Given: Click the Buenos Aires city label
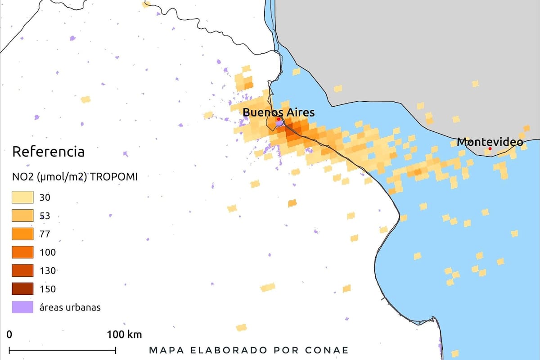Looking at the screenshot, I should tap(279, 112).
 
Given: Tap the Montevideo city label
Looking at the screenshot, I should tap(490, 142).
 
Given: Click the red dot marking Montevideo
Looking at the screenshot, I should tap(490, 148).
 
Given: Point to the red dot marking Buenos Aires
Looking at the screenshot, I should tap(279, 119).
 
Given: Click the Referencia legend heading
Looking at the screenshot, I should tap(48, 152).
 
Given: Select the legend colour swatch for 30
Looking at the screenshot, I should tap(22, 197).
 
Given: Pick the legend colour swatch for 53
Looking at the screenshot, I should tap(22, 216).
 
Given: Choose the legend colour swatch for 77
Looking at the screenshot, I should tap(22, 234).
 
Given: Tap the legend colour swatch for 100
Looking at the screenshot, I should tap(22, 252).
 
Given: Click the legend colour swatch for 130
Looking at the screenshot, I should tap(22, 270).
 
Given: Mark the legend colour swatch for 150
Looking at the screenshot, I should tap(22, 289).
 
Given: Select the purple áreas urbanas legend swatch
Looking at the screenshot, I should tap(22, 307).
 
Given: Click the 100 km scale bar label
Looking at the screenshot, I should tap(124, 334).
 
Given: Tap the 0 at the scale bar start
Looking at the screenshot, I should tap(9, 334).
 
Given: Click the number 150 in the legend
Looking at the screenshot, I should tap(48, 289).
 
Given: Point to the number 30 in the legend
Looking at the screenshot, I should tap(45, 197).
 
